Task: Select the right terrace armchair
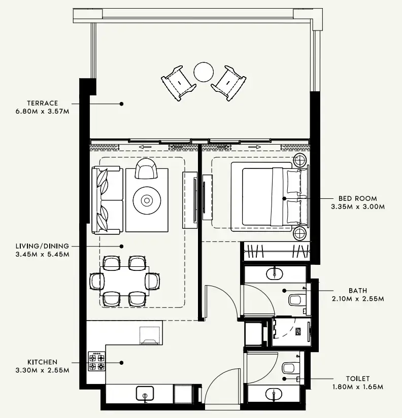click(x=229, y=81)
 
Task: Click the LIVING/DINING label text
click(x=42, y=246)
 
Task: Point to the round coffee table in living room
click(x=147, y=200)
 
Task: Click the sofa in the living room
click(x=107, y=199)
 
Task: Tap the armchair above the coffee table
click(x=146, y=169)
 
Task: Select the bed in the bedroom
click(x=264, y=197)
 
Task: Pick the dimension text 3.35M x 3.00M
click(x=358, y=207)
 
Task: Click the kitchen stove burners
click(x=96, y=361)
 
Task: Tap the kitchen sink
click(x=146, y=393)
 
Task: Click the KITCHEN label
click(x=43, y=362)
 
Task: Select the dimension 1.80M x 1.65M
click(x=357, y=387)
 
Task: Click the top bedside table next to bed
click(x=300, y=161)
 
